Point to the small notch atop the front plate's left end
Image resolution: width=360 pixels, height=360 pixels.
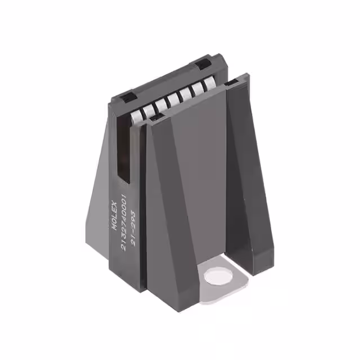click(156, 117)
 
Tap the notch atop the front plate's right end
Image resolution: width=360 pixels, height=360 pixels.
click(231, 84)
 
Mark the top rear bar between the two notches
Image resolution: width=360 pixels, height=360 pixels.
click(163, 82)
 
